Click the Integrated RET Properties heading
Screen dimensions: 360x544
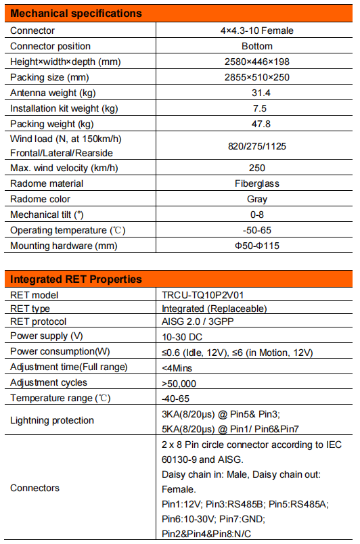pos(76,279)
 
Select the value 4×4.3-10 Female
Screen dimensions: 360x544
pos(256,30)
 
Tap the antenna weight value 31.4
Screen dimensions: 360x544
pos(256,93)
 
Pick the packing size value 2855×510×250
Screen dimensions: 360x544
pos(256,77)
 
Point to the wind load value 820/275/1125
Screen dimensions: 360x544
pos(256,145)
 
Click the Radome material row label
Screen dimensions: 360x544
pos(47,183)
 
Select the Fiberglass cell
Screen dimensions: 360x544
pos(256,183)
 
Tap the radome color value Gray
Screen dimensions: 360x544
pos(256,199)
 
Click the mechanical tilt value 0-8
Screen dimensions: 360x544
pos(256,214)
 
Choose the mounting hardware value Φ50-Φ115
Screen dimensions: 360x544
pos(256,246)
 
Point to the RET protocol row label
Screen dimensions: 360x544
pos(40,321)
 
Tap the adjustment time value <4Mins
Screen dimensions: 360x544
pos(177,367)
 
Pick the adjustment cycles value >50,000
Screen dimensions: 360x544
pos(181,382)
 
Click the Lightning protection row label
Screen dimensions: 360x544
pos(52,420)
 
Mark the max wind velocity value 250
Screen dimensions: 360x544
pos(256,168)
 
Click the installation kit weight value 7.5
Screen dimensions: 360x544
pos(256,108)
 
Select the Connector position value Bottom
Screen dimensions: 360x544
pos(256,46)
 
